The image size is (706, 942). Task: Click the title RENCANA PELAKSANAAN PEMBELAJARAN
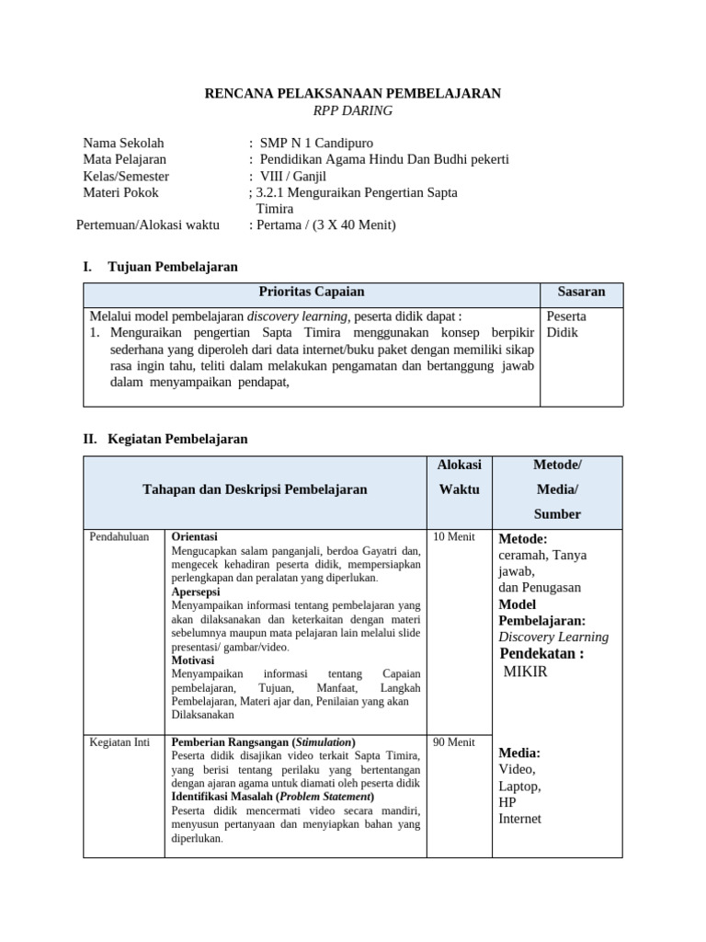click(352, 93)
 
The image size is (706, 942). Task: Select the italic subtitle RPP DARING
click(352, 110)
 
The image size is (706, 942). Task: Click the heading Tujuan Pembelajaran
click(173, 267)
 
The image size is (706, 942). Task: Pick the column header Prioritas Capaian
click(312, 292)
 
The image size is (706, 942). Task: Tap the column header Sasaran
click(581, 292)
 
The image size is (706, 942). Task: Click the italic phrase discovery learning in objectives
click(298, 316)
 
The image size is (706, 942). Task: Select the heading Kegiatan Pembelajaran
click(177, 440)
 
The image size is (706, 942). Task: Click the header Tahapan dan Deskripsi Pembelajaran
click(255, 489)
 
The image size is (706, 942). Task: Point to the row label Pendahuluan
click(119, 536)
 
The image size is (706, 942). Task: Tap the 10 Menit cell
click(453, 536)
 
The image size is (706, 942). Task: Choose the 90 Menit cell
click(453, 742)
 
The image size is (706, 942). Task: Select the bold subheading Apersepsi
click(196, 592)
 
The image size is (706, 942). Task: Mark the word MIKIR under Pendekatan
click(525, 672)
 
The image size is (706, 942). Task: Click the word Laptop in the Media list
click(519, 787)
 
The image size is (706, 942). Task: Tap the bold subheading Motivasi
click(193, 661)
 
